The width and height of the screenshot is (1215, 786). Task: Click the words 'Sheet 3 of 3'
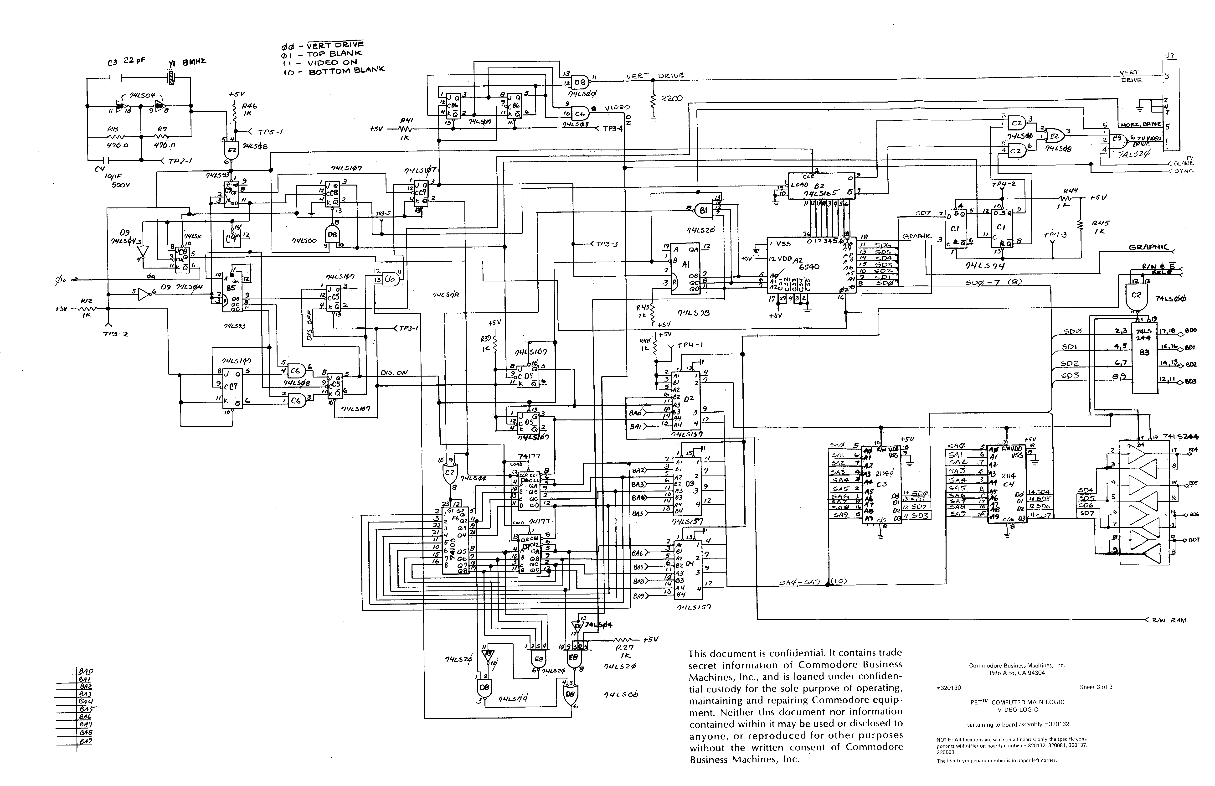click(x=1096, y=687)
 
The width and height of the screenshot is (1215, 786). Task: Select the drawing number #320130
click(x=948, y=688)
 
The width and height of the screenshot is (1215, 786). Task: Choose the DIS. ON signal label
click(x=394, y=372)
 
